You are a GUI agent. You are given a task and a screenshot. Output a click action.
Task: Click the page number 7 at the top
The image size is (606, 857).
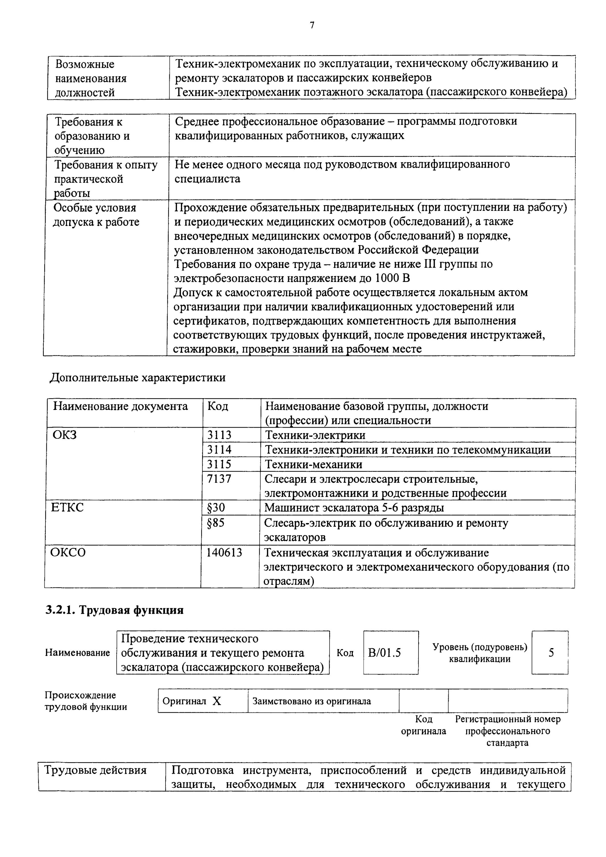coord(312,25)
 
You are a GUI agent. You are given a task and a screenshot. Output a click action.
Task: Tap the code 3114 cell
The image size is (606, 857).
coord(219,449)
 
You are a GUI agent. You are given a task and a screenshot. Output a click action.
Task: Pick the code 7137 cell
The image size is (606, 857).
coord(219,479)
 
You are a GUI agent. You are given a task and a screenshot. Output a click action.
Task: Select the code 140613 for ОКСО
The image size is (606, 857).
coord(224,552)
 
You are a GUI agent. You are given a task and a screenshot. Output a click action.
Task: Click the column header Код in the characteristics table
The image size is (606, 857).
coord(218,406)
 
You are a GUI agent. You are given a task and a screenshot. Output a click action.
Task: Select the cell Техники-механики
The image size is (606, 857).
coord(313,464)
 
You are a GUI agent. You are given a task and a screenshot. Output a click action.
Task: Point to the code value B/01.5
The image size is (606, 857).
coord(384,653)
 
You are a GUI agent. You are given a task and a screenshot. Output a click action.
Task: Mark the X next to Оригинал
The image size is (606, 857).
coord(217,701)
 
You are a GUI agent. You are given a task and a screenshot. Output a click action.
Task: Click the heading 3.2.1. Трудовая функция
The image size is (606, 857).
coord(115,610)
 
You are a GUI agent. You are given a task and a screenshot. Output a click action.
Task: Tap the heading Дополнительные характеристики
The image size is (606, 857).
coord(137,378)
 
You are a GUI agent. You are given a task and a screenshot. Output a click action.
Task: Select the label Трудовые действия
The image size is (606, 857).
coord(95,770)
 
